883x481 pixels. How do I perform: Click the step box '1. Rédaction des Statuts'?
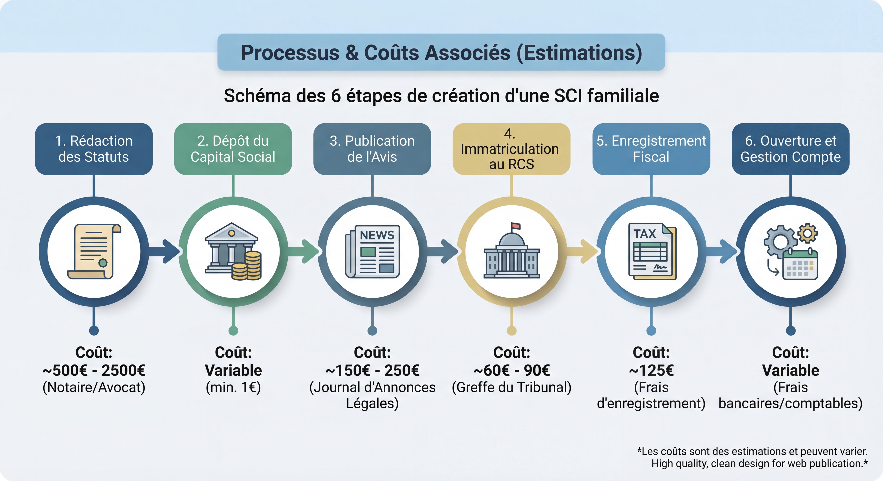(94, 149)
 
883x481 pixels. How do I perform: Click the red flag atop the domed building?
(516, 226)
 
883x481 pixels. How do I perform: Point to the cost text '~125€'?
(651, 370)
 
